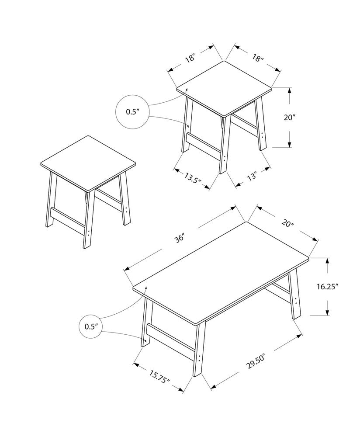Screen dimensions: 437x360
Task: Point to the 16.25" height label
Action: click(x=327, y=286)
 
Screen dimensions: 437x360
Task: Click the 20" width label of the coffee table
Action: click(x=287, y=223)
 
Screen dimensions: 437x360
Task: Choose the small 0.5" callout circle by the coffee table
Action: click(x=90, y=326)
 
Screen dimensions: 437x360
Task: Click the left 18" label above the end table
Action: click(x=190, y=58)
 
